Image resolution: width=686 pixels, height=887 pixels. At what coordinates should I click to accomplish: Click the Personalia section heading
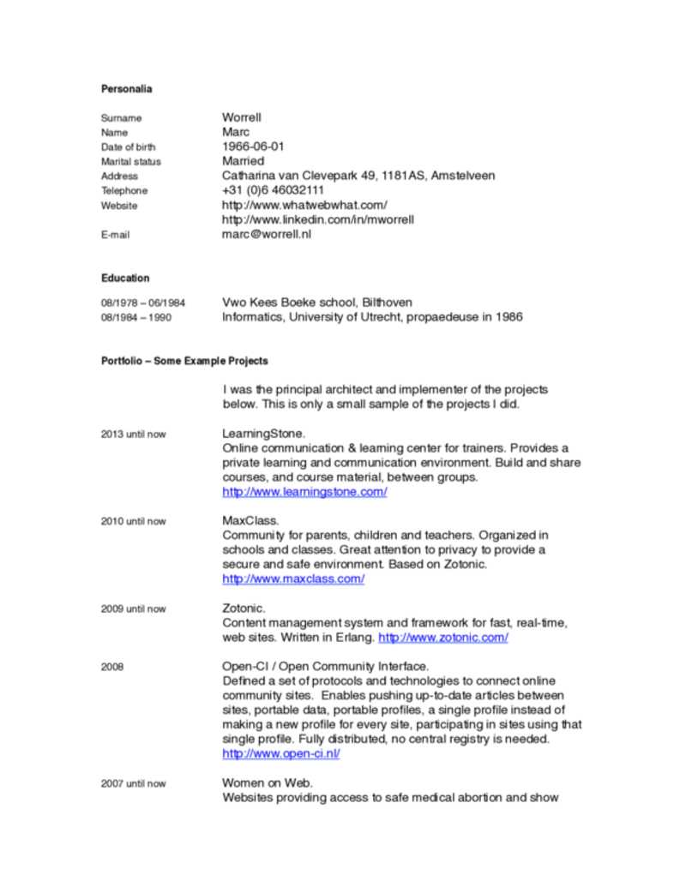[x=126, y=88]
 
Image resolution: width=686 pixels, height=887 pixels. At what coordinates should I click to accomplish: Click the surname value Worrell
[x=242, y=117]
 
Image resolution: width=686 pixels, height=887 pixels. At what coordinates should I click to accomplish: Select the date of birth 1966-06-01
[x=253, y=147]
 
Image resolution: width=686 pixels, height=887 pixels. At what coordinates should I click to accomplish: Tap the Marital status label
[x=130, y=161]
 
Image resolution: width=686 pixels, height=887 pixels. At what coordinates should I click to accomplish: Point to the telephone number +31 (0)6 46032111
[x=273, y=190]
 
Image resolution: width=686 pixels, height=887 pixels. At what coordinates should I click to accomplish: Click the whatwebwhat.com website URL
[x=304, y=205]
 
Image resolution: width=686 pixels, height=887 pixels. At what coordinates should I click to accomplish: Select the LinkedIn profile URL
[x=318, y=219]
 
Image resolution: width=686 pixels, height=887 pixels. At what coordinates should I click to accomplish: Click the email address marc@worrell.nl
[x=267, y=234]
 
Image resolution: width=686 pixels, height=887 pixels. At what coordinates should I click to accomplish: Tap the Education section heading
[x=125, y=278]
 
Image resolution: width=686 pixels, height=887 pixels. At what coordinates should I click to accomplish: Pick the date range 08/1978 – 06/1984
[x=143, y=303]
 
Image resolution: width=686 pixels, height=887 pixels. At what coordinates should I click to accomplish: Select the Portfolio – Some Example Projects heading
[x=184, y=361]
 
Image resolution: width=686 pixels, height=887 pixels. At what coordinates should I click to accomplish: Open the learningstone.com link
[x=304, y=492]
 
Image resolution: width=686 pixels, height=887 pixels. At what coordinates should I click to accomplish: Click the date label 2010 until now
[x=133, y=521]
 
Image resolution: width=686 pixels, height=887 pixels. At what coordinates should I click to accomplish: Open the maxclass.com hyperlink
[x=293, y=579]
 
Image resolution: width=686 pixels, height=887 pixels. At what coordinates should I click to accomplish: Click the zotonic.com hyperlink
[x=442, y=638]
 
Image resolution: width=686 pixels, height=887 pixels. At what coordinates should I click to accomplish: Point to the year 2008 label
[x=112, y=667]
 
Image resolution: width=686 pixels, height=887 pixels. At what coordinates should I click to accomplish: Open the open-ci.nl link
[x=281, y=754]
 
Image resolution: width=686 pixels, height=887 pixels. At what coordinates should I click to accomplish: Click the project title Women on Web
[x=268, y=783]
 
